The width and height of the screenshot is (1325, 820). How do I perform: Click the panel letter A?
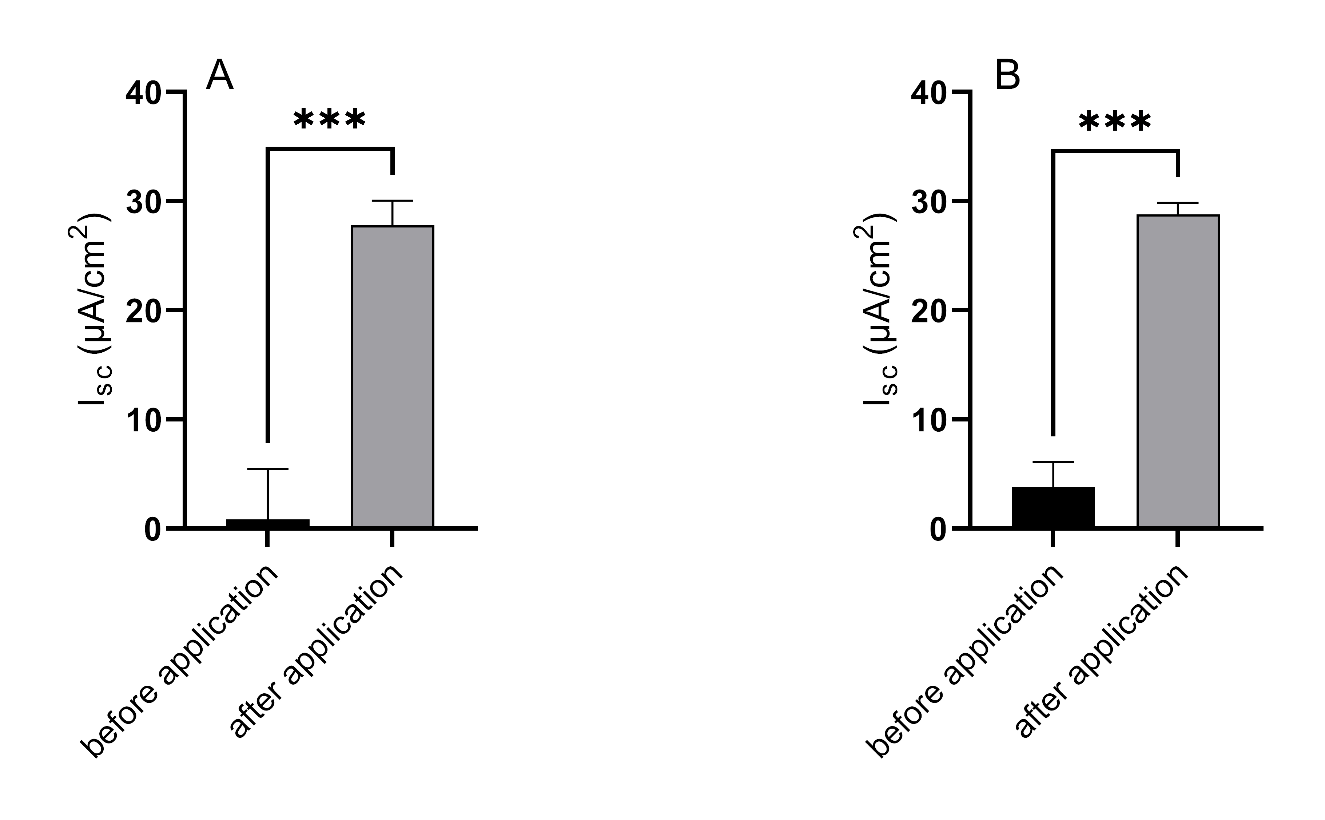[x=220, y=75]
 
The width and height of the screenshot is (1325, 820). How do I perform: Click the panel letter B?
[x=1007, y=75]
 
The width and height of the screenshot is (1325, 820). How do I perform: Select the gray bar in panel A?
[x=393, y=376]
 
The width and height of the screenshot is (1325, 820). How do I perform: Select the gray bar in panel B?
[x=1178, y=371]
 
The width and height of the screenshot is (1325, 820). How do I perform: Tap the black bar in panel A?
[x=268, y=523]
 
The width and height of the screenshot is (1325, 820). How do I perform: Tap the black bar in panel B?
[x=1053, y=507]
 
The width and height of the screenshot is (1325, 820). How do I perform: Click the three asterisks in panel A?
[x=330, y=119]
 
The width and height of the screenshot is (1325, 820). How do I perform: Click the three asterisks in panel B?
[x=1115, y=122]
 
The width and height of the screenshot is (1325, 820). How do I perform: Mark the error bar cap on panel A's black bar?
[x=268, y=469]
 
